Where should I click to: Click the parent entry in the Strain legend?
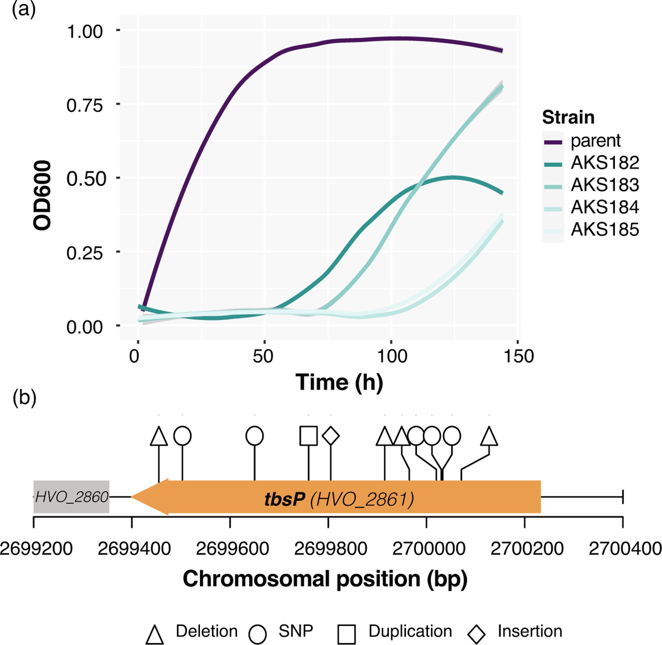[x=595, y=141]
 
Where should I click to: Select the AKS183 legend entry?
[x=605, y=185]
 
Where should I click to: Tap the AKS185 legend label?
[x=605, y=229]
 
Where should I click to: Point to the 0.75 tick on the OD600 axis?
[x=84, y=105]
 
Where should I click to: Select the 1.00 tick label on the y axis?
[x=84, y=31]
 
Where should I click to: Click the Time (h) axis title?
[x=340, y=382]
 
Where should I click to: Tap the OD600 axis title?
[x=42, y=195]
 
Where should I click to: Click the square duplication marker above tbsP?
[x=308, y=436]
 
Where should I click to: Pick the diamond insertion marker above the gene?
[x=331, y=436]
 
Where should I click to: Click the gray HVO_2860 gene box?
[x=72, y=497]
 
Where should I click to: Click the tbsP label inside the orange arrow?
[x=284, y=499]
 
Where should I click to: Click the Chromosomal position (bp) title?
[x=325, y=579]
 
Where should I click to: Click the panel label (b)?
[x=24, y=399]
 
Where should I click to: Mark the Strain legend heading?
[x=568, y=117]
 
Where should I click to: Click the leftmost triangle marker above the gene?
[x=159, y=437]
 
